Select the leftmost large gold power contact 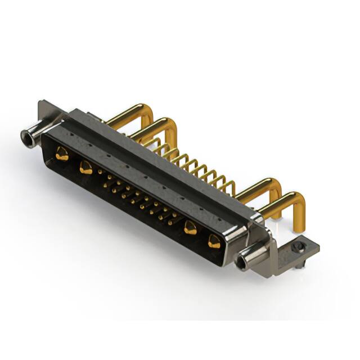pos(62,153)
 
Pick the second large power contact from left pos(85,166)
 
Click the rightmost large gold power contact pos(214,242)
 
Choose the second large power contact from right pos(190,228)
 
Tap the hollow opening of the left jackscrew pos(25,135)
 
